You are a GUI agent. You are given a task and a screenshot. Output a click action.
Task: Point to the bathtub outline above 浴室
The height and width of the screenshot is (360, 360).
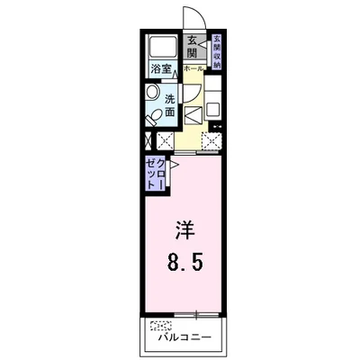coord(162,47)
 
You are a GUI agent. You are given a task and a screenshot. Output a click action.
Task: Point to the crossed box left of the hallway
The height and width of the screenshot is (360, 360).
coord(164,140)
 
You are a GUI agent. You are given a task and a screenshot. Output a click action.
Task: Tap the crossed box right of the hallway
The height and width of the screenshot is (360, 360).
coord(212,140)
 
